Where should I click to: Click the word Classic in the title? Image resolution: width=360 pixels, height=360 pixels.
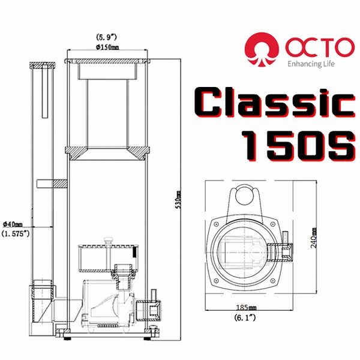pos(275,106)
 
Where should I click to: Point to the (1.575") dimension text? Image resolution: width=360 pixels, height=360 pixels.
pos(16,233)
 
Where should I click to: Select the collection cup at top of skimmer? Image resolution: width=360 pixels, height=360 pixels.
pos(106,102)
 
